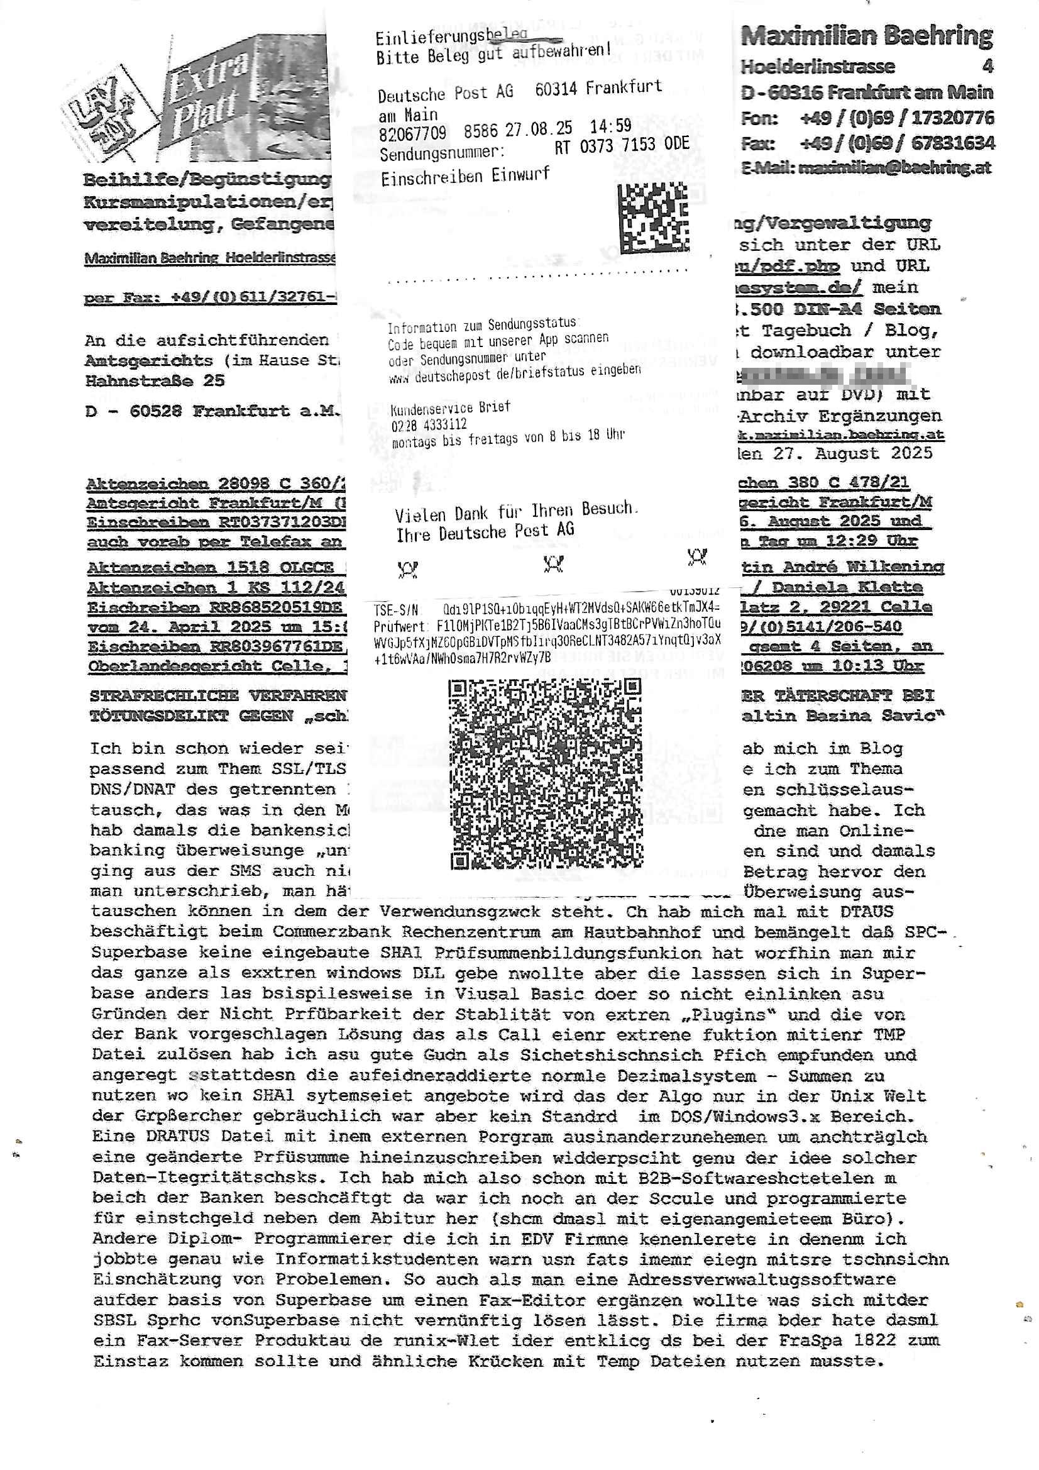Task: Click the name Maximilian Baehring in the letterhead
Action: (866, 36)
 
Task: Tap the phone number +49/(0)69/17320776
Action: (896, 118)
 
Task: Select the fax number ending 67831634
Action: (896, 143)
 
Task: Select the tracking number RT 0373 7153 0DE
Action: (621, 145)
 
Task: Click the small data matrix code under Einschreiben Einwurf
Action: (653, 218)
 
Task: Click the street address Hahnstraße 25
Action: (154, 380)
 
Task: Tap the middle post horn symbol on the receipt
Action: (553, 563)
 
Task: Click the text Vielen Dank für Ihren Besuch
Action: (516, 512)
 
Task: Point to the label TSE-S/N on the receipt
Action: (395, 609)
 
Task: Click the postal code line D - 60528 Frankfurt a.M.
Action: (211, 411)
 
